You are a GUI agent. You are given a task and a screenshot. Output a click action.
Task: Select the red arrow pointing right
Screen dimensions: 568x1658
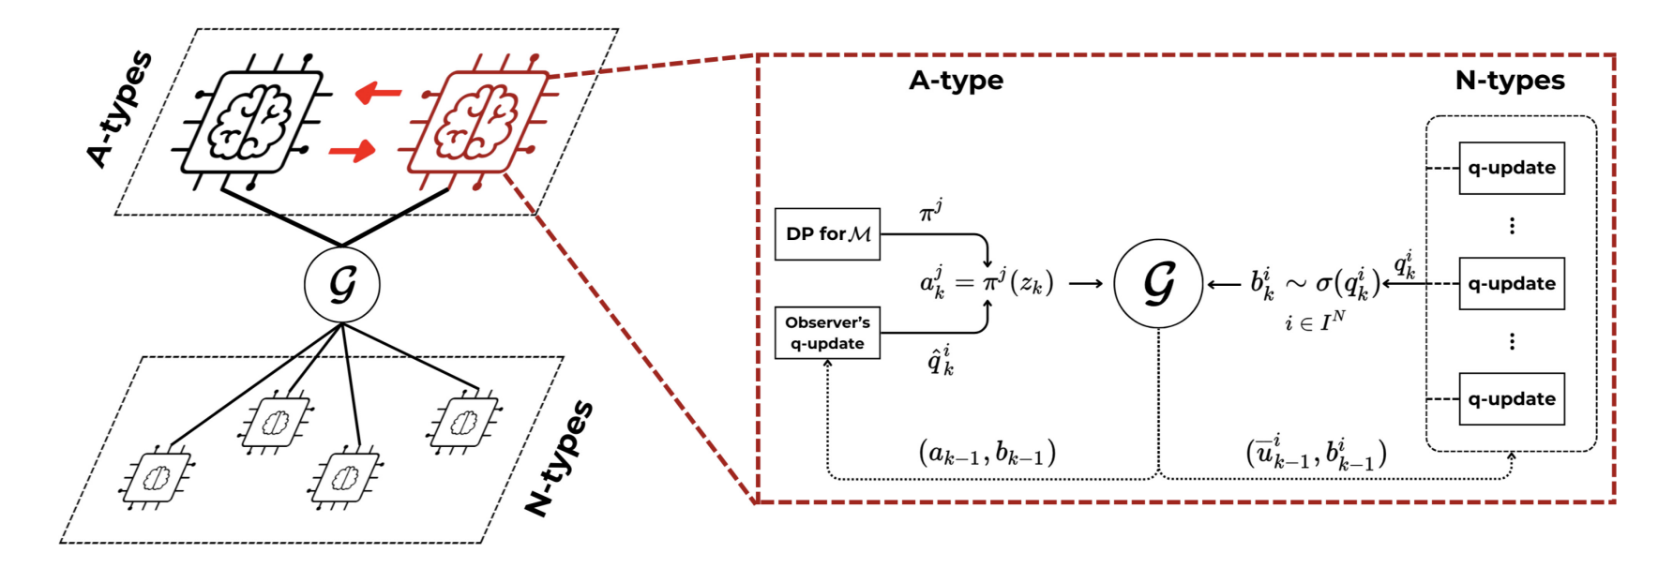point(353,150)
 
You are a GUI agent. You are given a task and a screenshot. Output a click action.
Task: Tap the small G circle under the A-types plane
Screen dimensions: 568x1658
point(342,285)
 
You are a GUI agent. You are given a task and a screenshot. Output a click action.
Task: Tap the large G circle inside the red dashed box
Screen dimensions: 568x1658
point(1158,283)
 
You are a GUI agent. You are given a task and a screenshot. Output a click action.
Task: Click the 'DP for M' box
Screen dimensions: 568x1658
point(827,234)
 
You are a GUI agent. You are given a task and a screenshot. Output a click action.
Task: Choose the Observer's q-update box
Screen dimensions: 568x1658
point(827,333)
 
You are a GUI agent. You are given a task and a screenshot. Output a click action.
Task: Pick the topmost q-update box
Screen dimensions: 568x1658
point(1512,168)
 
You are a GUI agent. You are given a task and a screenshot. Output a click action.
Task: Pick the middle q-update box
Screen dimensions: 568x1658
point(1512,283)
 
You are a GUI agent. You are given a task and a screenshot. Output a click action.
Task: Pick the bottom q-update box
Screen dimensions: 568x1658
point(1512,398)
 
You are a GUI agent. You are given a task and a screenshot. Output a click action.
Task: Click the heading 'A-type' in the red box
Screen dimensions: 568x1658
point(956,81)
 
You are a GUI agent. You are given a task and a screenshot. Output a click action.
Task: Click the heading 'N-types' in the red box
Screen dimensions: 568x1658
point(1510,81)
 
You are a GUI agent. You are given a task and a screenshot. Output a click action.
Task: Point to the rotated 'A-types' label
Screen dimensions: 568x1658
point(119,110)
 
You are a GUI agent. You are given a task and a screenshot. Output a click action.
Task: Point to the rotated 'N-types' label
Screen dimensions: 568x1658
point(559,458)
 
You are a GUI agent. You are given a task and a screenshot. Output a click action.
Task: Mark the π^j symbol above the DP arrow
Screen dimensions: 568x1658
point(930,213)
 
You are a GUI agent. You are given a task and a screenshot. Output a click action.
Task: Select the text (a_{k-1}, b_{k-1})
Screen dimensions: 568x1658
point(987,454)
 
